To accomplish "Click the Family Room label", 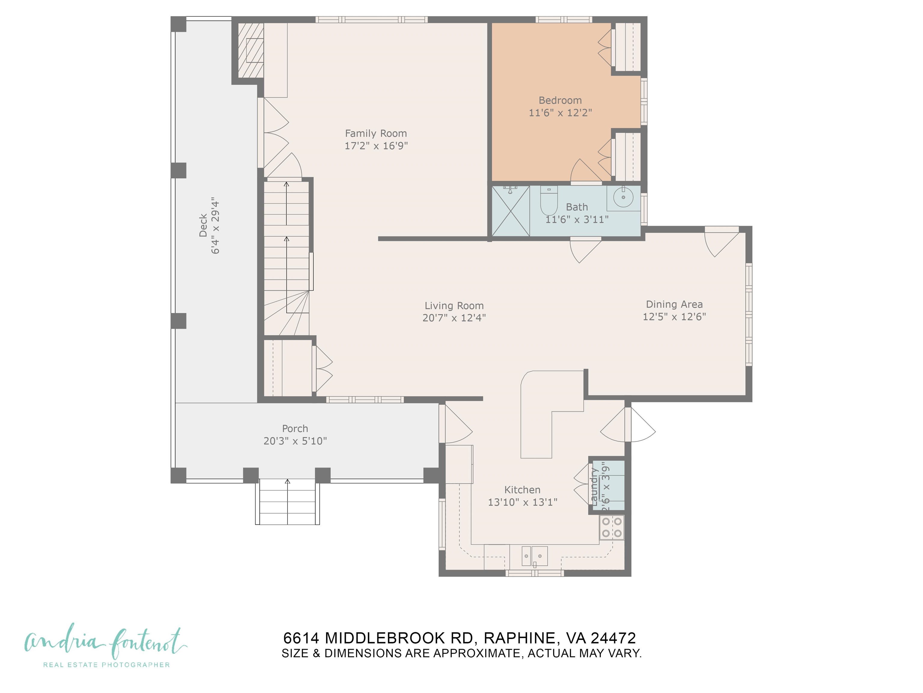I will [x=376, y=134].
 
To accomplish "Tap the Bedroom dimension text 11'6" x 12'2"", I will [x=560, y=113].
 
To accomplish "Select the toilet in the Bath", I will [x=548, y=201].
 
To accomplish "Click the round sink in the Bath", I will [x=623, y=197].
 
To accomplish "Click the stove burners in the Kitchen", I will [x=611, y=528].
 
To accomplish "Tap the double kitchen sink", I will [x=535, y=556].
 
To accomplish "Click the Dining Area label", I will [x=674, y=304].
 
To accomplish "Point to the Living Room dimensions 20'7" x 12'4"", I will [x=454, y=318].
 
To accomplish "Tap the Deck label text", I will [x=203, y=226].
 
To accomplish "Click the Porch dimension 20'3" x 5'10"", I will [x=295, y=441].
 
